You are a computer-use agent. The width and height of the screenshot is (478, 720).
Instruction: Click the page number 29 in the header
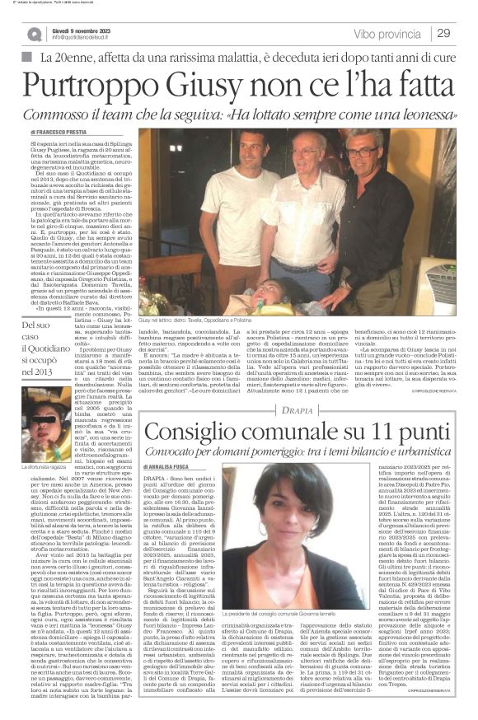[442, 33]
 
